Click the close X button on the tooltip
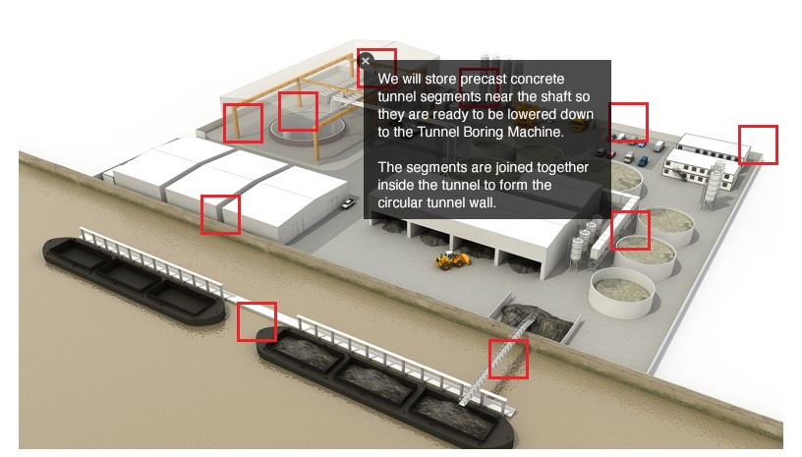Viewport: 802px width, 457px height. pos(366,61)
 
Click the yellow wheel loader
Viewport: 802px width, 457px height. pos(453,259)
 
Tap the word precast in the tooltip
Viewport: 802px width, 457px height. pos(483,80)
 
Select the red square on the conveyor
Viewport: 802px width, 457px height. pos(508,359)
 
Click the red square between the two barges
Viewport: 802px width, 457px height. pos(257,321)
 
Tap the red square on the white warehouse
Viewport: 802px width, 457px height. pos(220,214)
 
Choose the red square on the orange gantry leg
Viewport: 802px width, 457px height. pos(243,123)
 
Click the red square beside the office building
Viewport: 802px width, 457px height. pos(758,144)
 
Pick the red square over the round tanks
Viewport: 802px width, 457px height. pos(631,230)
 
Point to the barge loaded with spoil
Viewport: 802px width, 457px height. pos(384,384)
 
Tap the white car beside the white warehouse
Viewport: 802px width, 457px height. pos(348,203)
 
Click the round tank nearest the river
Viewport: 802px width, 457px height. pos(621,293)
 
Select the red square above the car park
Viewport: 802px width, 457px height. pos(628,123)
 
